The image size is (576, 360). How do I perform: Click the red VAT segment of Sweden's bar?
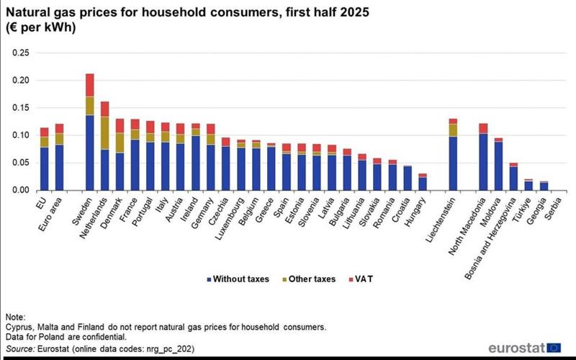click(90, 84)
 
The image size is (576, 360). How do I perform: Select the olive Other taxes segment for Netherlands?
click(105, 132)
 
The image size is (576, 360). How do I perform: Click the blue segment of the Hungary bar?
click(423, 184)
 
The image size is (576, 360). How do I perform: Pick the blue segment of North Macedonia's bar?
click(483, 161)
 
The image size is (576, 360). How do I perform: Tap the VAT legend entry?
click(360, 279)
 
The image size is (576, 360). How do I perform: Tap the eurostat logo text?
click(516, 347)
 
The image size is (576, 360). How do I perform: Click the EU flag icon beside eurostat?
click(555, 347)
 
